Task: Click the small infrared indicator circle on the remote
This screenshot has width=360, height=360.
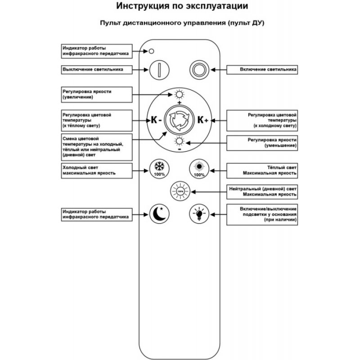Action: coord(151,51)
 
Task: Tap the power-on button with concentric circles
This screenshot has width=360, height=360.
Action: coord(199,70)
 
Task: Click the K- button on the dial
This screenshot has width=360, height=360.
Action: coord(156,120)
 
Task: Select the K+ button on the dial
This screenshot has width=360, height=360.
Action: coord(203,120)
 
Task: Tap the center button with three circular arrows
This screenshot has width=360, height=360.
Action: coord(179,120)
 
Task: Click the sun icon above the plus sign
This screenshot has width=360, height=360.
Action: coord(179,94)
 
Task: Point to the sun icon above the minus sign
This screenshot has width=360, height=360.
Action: coord(179,141)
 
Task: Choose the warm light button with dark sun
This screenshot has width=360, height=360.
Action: coord(199,169)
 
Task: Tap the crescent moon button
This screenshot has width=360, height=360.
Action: coord(159,214)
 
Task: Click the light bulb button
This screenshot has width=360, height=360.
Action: coord(199,214)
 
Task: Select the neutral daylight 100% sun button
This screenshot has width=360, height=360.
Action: coord(180,191)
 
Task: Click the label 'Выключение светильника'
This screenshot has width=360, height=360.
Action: coord(93,69)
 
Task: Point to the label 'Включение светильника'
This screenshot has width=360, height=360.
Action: coord(268,69)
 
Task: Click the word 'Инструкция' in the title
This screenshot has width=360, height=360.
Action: coord(143,6)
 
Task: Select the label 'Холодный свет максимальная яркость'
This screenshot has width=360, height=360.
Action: coord(89,171)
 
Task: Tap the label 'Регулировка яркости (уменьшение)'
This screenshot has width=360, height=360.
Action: coord(272,143)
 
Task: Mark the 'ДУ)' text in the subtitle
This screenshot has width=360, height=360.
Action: coord(258,23)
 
